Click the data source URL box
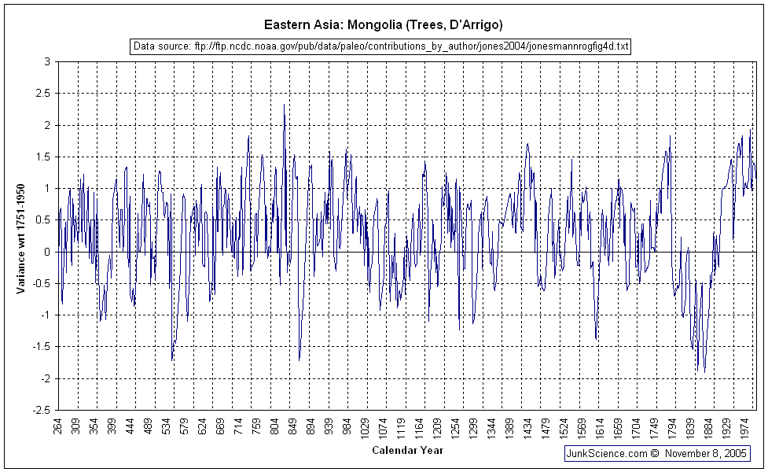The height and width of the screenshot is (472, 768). point(380,46)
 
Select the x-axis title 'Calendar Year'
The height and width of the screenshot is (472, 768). point(407,451)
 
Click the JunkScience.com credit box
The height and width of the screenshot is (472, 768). point(657,453)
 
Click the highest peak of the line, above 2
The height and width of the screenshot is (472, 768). point(285,105)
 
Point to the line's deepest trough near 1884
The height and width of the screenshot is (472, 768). point(704,372)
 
